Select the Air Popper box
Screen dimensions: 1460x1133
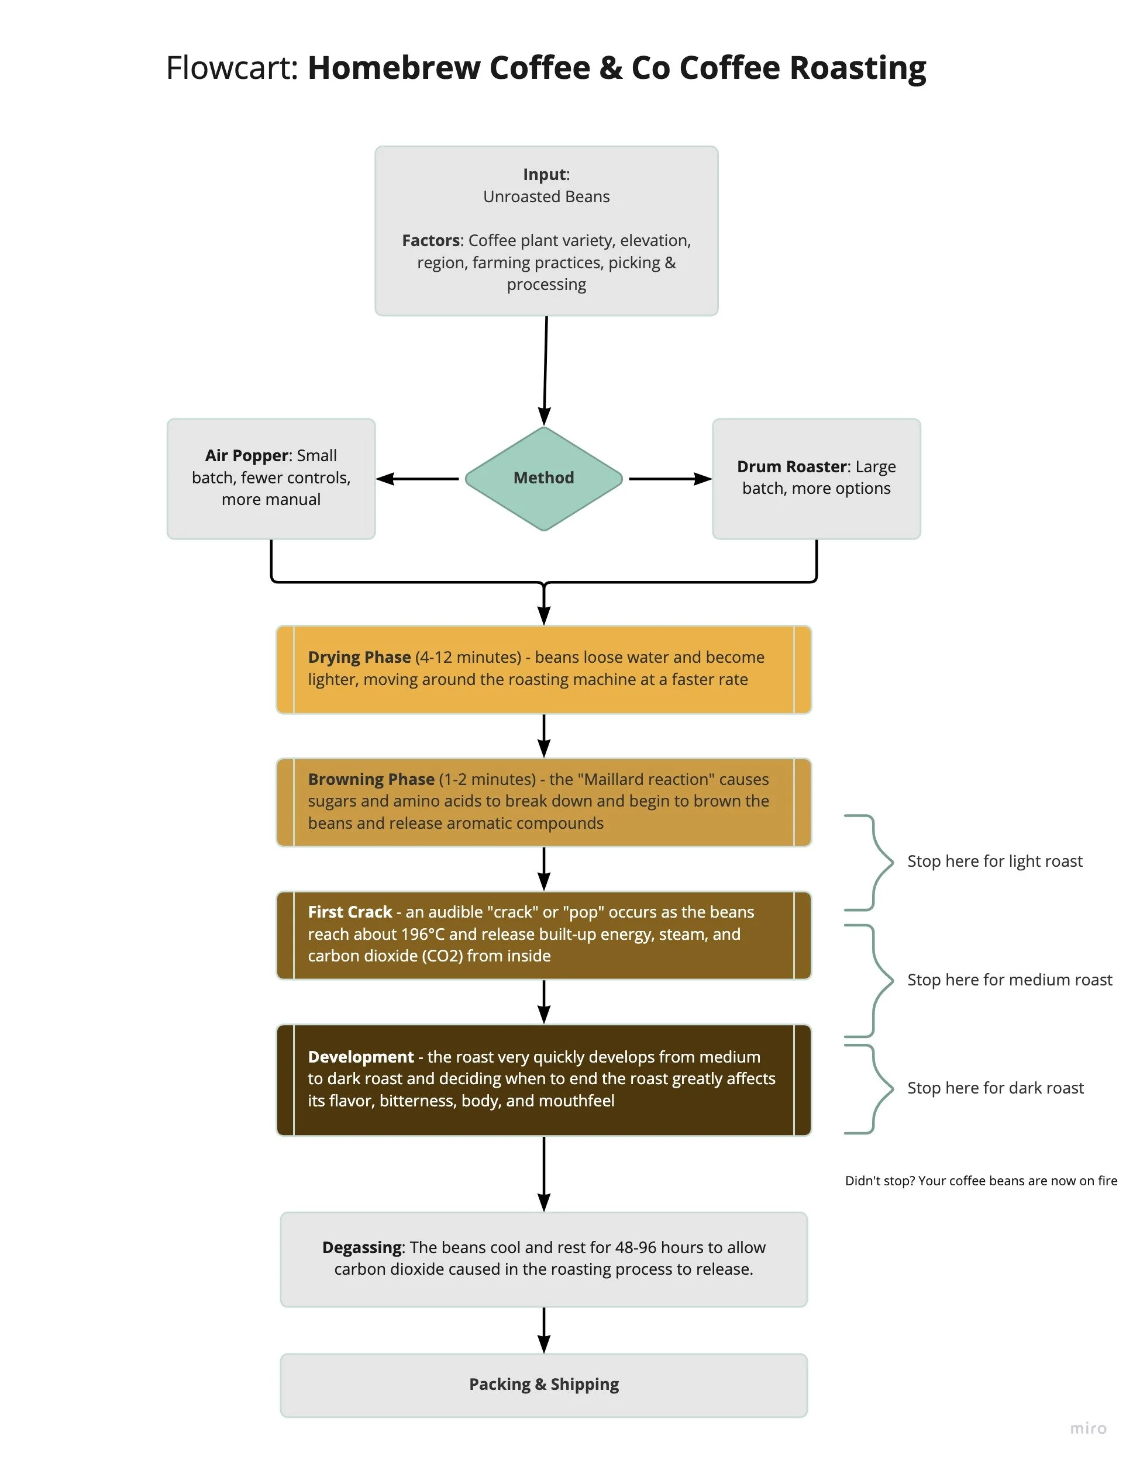pos(271,479)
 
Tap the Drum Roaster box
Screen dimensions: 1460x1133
pos(816,479)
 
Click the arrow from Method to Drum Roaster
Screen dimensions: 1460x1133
pos(669,479)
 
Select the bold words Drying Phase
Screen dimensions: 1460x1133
pos(359,658)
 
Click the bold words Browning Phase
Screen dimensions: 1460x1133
pos(371,780)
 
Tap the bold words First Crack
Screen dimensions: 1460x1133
pos(350,912)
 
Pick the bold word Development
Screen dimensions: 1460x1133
pos(360,1057)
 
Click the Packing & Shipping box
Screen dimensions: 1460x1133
pos(544,1385)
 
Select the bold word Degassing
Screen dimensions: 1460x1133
pos(362,1247)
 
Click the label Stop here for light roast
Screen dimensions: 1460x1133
pos(994,862)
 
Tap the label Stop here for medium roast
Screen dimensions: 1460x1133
pos(1009,980)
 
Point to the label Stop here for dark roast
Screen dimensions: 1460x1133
pos(995,1088)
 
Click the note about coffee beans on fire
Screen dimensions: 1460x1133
pos(980,1181)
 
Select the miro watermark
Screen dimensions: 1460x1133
pos(1087,1428)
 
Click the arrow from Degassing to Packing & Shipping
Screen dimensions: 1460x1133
pos(544,1330)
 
